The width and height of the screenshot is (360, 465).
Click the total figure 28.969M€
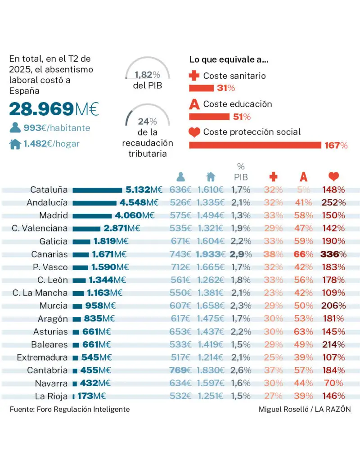point(54,109)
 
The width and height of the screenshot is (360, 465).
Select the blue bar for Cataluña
point(97,190)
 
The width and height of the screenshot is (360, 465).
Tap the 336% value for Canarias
point(333,254)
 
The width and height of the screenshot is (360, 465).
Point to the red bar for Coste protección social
point(255,145)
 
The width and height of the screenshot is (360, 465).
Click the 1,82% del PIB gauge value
point(147,75)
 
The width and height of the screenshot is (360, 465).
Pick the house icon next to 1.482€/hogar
point(15,144)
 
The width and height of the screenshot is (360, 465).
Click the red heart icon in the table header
point(333,177)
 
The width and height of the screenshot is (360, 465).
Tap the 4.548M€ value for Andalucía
point(139,203)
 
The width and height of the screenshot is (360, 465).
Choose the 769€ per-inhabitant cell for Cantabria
point(180,370)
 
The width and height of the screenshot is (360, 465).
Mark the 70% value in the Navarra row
point(333,384)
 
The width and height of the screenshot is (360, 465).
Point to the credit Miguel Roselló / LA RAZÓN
point(305,409)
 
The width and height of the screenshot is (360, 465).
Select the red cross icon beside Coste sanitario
point(194,76)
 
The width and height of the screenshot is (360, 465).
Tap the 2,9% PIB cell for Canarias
point(241,254)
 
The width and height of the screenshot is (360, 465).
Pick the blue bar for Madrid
point(92,216)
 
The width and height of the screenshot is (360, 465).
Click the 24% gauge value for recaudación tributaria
point(147,122)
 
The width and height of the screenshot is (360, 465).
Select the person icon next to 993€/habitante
point(15,128)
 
